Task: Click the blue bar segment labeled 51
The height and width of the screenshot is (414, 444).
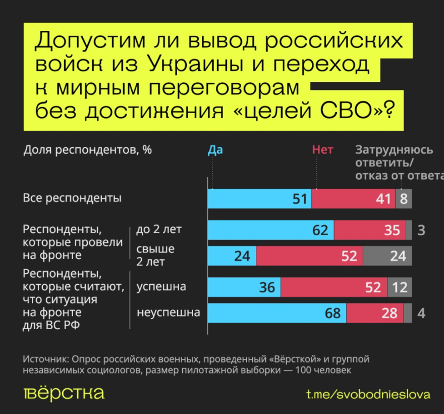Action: pyautogui.click(x=259, y=198)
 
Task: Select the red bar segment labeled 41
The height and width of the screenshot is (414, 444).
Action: pyautogui.click(x=353, y=198)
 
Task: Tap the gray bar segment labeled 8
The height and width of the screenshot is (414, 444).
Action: pyautogui.click(x=404, y=198)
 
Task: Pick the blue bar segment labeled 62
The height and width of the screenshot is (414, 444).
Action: pyautogui.click(x=271, y=230)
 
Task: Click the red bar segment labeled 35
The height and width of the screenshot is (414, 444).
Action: pyautogui.click(x=370, y=230)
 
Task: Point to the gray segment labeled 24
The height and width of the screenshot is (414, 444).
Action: pyautogui.click(x=387, y=256)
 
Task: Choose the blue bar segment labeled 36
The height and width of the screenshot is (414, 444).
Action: pyautogui.click(x=244, y=287)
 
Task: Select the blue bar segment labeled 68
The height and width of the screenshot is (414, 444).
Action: pyautogui.click(x=277, y=313)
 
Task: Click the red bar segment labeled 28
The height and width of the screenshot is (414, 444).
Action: pyautogui.click(x=375, y=313)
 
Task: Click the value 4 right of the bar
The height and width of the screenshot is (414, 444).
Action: pyautogui.click(x=422, y=314)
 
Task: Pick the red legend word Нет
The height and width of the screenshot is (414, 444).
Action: pyautogui.click(x=322, y=150)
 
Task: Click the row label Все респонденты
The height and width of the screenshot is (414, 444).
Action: pyautogui.click(x=73, y=198)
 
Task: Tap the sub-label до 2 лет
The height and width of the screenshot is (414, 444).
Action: pyautogui.click(x=159, y=230)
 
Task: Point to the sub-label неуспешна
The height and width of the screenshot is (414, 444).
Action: pyautogui.click(x=168, y=313)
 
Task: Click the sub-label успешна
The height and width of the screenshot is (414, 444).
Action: pyautogui.click(x=161, y=287)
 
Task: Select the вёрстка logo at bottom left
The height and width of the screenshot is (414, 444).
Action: pyautogui.click(x=64, y=393)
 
